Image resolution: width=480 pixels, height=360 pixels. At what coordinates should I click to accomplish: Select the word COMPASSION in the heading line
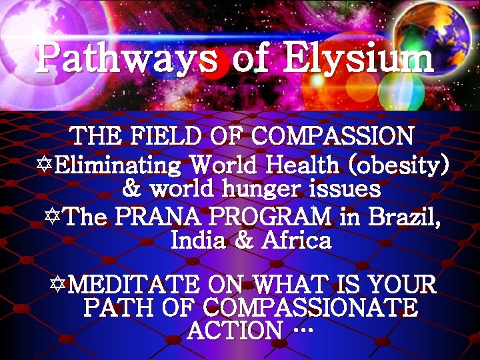[330, 137]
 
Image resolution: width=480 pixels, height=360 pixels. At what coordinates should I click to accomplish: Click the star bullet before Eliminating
[43, 164]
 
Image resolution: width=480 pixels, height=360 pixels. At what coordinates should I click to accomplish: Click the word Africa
[296, 240]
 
